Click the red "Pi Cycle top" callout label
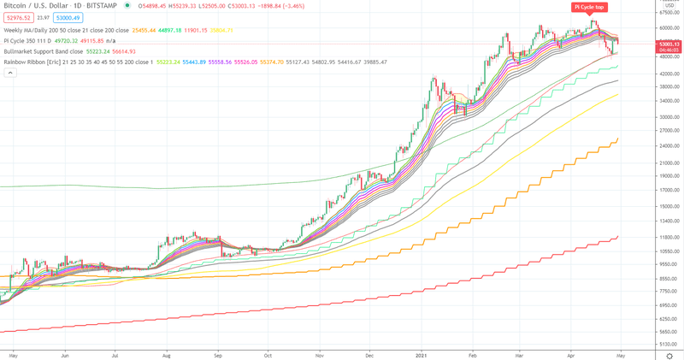pos(590,7)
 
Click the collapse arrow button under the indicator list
pos(11,73)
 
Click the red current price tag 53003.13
pos(668,43)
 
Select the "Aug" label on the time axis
pos(166,353)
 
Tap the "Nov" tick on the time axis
pos(318,353)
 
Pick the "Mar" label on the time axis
pos(520,353)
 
